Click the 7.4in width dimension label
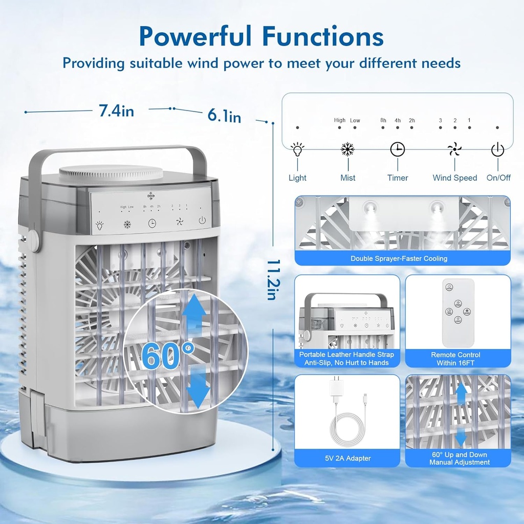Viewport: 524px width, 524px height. [116, 111]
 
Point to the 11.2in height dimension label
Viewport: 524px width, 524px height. [272, 278]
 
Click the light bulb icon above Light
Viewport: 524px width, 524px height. [297, 149]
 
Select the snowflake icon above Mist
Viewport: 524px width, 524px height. [348, 149]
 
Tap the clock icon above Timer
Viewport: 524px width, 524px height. [398, 149]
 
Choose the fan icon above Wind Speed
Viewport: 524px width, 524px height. [454, 149]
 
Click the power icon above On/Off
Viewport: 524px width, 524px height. [497, 149]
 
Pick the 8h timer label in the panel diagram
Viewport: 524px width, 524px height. [383, 121]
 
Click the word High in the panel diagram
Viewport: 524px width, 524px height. [340, 121]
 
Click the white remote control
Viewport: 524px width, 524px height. [458, 313]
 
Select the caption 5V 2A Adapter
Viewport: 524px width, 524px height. [347, 458]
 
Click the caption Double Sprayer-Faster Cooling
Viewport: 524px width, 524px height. [399, 258]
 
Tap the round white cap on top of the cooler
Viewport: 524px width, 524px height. [111, 172]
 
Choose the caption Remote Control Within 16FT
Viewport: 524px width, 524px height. [455, 359]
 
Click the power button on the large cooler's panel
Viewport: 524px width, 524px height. [202, 221]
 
